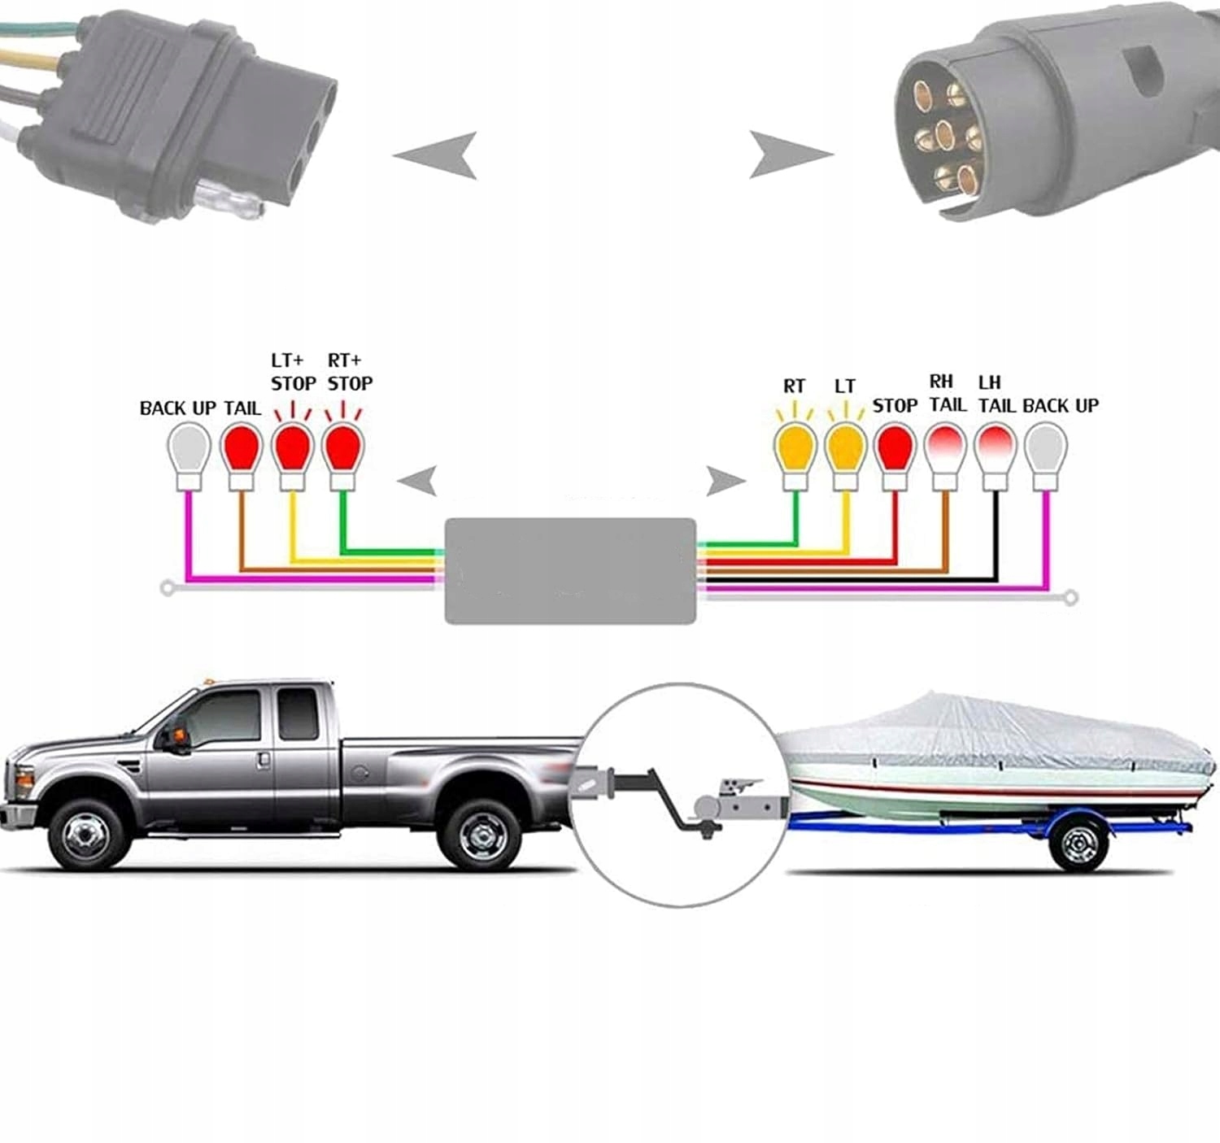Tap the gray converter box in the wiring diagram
(x=570, y=571)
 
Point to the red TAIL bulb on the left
(x=241, y=450)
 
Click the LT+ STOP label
(x=293, y=372)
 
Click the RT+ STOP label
(x=350, y=372)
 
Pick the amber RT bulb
(x=795, y=450)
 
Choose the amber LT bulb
(x=845, y=450)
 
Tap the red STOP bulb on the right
(x=895, y=450)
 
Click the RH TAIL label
(x=947, y=393)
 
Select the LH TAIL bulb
(x=995, y=450)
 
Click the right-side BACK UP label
(x=1061, y=405)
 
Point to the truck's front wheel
(x=89, y=834)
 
